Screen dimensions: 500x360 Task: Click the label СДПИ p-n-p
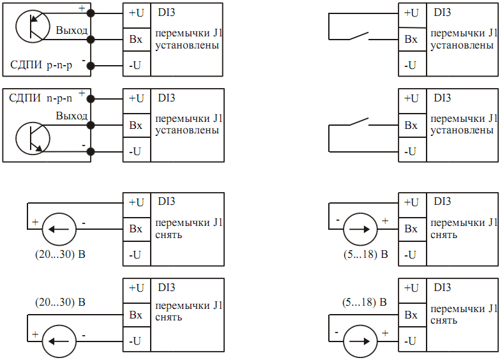[x=41, y=64]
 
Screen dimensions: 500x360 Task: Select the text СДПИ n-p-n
[x=40, y=98]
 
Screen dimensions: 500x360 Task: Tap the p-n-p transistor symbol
[x=33, y=26]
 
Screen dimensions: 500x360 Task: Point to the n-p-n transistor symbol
[x=33, y=139]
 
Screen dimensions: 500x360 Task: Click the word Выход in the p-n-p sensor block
[x=72, y=30]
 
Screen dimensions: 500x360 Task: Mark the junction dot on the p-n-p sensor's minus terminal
[x=91, y=66]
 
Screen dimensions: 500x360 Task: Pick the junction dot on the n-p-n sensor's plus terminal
[x=91, y=99]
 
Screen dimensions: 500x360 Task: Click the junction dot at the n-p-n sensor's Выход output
[x=91, y=125]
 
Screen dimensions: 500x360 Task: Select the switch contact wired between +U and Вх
[x=359, y=36]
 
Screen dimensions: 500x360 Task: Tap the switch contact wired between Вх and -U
[x=359, y=121]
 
